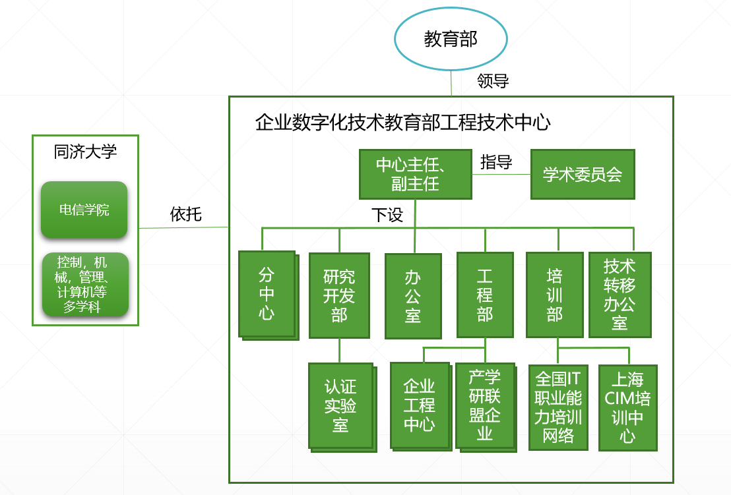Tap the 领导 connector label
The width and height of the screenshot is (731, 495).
pos(493,81)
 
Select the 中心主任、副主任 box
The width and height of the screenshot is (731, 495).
pos(416,174)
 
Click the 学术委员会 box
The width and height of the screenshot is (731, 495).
pos(583,174)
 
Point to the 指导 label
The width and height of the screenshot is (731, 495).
pos(496,162)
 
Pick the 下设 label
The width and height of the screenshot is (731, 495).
pos(387,215)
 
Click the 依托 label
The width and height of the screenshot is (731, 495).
pos(185,214)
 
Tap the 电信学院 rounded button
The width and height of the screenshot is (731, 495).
pos(84,210)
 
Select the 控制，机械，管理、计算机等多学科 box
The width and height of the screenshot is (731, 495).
pos(85,285)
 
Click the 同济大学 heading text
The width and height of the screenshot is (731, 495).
pos(85,152)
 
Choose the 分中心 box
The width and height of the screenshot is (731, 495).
pos(269,295)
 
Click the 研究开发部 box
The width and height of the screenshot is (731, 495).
pos(339,295)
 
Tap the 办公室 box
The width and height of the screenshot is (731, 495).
pos(413,296)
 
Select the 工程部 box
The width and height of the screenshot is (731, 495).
pos(485,295)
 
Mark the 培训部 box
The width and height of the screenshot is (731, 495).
pos(555,295)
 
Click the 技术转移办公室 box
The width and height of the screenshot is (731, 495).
pos(620,295)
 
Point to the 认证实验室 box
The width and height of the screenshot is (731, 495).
pos(342,407)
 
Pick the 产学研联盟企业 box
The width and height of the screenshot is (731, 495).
pos(486,407)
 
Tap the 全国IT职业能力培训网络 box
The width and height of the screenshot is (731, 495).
pos(559,407)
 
